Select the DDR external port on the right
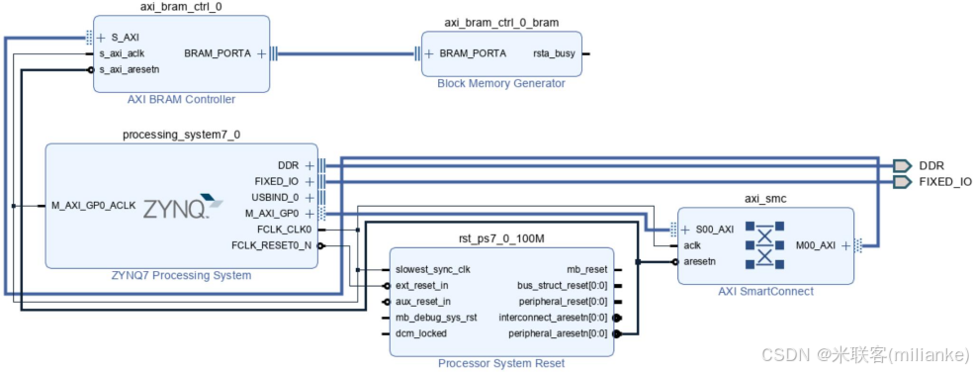coord(902,165)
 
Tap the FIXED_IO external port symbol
coord(902,182)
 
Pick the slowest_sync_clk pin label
coord(433,269)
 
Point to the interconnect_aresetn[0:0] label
coord(553,318)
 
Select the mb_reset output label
coord(586,269)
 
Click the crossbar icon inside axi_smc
coord(764,245)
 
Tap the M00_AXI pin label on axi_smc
coord(818,245)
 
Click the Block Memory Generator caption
coord(500,83)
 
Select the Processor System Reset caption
coord(501,363)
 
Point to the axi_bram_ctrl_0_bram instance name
coord(500,22)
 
